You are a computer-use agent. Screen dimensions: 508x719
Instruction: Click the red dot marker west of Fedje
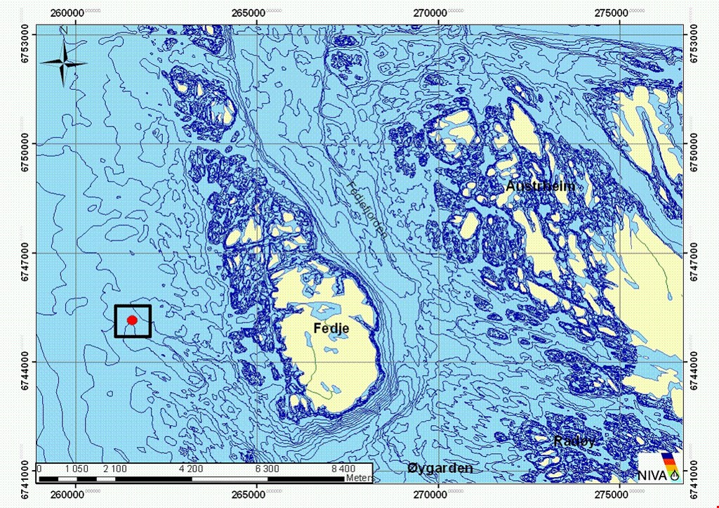[x=131, y=320]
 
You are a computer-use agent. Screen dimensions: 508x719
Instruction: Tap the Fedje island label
[x=331, y=327]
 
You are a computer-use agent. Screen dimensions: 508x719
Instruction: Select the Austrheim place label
[x=540, y=186]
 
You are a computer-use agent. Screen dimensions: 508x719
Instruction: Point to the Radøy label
[x=576, y=441]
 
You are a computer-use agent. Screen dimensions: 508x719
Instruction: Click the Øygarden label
[x=441, y=469]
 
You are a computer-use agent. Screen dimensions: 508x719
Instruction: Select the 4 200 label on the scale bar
[x=191, y=469]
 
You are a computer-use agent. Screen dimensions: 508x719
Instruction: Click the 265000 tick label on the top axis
[x=256, y=12]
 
